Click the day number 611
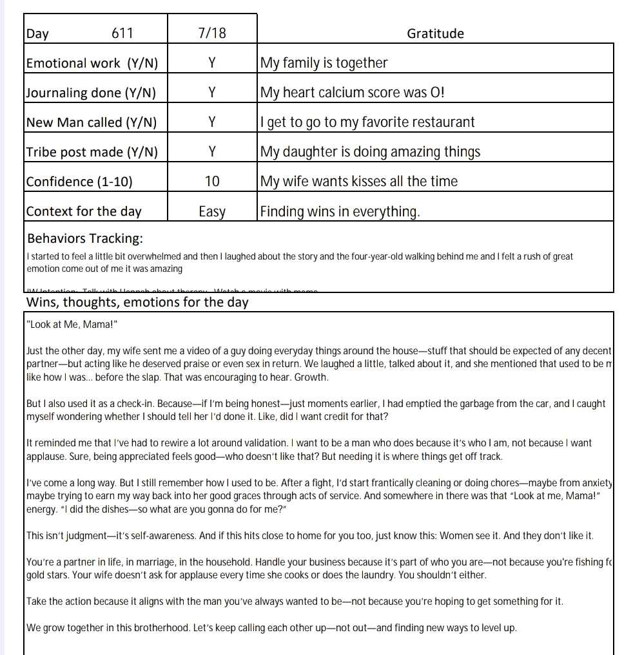[122, 33]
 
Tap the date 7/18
[212, 33]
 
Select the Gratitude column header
[435, 33]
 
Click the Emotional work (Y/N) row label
[92, 63]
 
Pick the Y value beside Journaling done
[212, 93]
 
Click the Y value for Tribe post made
[212, 152]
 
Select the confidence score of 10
[212, 182]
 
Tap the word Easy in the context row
[212, 211]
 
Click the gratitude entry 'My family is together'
[324, 63]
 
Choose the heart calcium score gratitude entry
[353, 93]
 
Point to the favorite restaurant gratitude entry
[367, 122]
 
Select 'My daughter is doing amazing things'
[371, 152]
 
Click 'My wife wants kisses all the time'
[359, 182]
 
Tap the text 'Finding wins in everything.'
[340, 211]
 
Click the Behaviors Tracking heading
[85, 239]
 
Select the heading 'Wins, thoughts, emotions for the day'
[137, 303]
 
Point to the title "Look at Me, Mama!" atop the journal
[72, 325]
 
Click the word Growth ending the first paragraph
[310, 377]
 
